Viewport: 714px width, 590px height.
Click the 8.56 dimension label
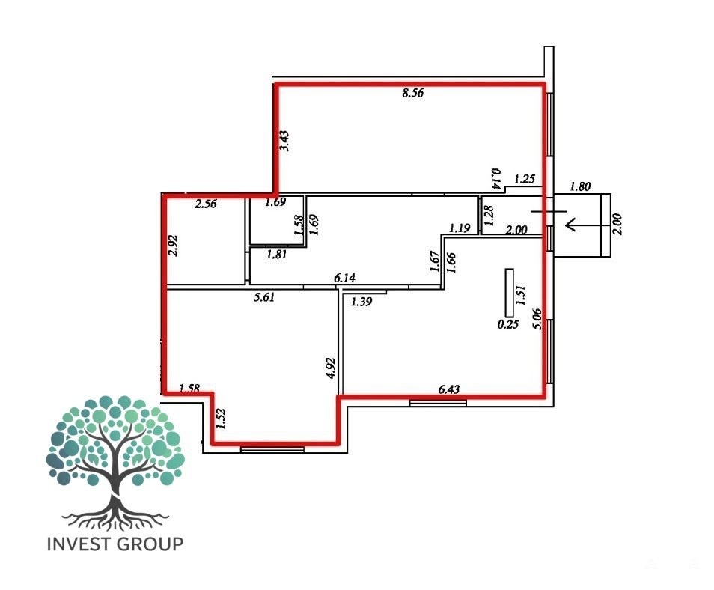coord(412,93)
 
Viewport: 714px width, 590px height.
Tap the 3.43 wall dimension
coord(284,141)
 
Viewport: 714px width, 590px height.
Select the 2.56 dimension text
coord(205,204)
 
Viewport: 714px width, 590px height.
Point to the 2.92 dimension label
coord(173,245)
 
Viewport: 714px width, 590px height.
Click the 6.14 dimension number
coord(344,278)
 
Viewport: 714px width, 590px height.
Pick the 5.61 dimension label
coord(264,297)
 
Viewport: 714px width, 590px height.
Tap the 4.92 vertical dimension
coord(331,368)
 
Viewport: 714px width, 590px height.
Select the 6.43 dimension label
coord(448,389)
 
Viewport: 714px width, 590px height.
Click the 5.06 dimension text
coord(537,319)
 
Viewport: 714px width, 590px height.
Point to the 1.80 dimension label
coord(580,186)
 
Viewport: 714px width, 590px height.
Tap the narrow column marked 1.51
coord(510,293)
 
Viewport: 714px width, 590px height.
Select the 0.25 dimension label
coord(507,324)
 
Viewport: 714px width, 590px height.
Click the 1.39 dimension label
coord(361,302)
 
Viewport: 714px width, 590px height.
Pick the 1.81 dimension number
coord(276,255)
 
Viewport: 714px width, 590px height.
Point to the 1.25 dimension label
coord(524,179)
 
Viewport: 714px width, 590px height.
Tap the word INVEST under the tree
coord(79,544)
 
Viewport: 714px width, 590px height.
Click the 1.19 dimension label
coord(460,228)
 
